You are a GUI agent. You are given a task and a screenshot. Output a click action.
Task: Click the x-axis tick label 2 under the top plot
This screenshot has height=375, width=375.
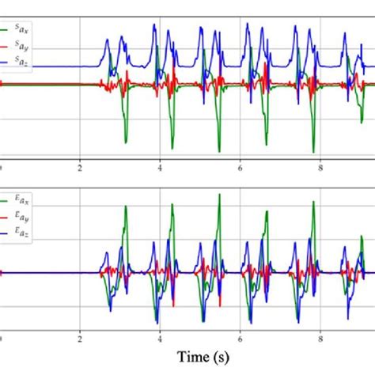coord(80,168)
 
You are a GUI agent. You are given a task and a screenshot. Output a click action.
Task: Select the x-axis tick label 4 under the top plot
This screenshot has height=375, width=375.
coord(161,168)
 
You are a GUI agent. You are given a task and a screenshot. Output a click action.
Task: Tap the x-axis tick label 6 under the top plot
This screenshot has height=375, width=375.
coord(241,168)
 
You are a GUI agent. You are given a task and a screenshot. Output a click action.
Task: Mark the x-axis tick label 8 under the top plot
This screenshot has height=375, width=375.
coord(320,168)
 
